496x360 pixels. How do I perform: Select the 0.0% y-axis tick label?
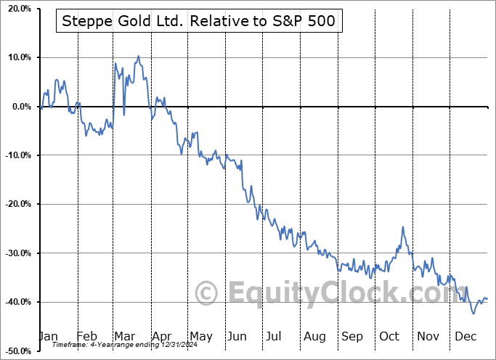[18, 107]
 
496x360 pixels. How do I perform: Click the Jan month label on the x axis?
[48, 336]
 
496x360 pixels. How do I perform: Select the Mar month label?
[124, 336]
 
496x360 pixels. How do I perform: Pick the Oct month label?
[389, 336]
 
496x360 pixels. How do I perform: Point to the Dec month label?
[465, 336]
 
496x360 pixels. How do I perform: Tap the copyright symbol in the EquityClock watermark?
[207, 294]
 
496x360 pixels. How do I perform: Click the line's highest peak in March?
[138, 56]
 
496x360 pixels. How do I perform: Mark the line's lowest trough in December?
[474, 314]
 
